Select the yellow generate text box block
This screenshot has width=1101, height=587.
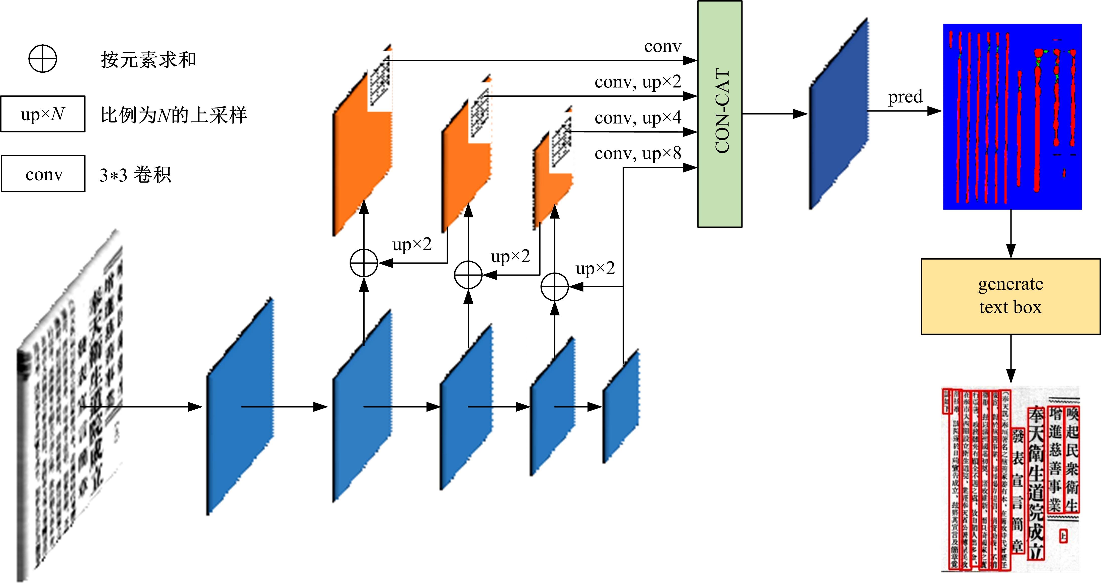tap(1010, 296)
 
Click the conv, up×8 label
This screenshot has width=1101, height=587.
tap(638, 153)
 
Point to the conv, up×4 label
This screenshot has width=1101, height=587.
tap(638, 118)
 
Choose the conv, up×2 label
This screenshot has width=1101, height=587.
tap(638, 81)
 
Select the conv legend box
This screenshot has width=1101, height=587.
tap(43, 174)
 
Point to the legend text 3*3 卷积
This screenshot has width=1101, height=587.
tap(135, 175)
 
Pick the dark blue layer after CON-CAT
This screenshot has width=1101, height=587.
tap(838, 113)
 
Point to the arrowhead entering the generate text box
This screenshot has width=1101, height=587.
tap(1011, 252)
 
